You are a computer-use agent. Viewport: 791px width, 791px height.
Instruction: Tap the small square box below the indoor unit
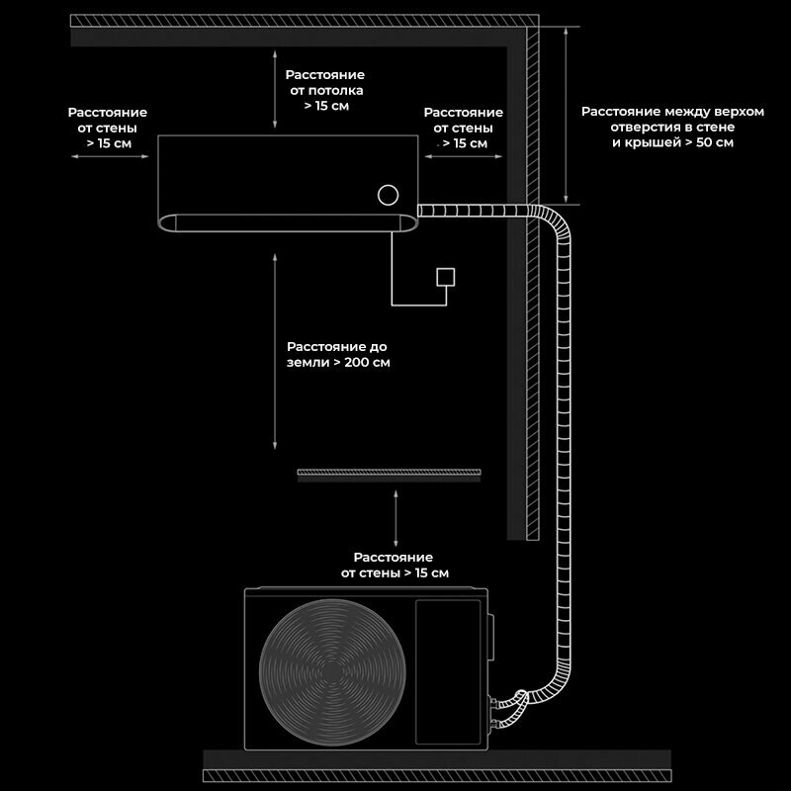(x=446, y=277)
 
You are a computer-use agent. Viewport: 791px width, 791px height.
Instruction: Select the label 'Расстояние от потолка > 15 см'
(x=324, y=90)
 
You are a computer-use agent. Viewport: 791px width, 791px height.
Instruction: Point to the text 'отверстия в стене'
(x=672, y=128)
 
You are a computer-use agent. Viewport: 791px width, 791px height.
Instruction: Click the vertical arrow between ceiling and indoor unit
(x=274, y=91)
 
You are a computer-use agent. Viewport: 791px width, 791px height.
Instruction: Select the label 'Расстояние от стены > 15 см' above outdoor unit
(x=394, y=565)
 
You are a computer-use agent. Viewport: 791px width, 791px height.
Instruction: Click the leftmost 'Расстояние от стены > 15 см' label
(x=107, y=129)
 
